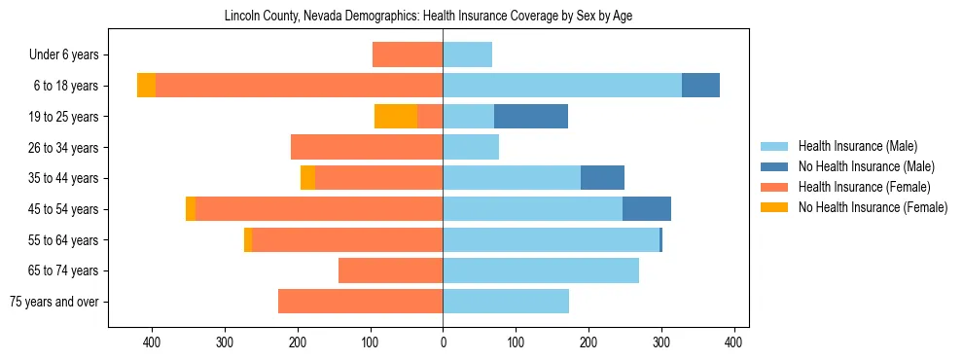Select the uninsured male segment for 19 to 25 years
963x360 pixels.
[x=531, y=117]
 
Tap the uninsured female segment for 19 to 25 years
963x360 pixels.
[x=396, y=117]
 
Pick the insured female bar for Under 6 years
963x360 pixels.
[x=408, y=55]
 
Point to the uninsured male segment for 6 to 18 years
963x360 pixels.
[x=700, y=86]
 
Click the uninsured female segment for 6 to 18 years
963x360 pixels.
[x=146, y=86]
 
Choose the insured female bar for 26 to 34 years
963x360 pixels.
[x=367, y=148]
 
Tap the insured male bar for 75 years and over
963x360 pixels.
[x=506, y=302]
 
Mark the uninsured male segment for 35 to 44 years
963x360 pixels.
[x=602, y=178]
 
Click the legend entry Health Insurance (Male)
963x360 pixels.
[x=857, y=147]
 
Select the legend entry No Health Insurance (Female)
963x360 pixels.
[x=873, y=207]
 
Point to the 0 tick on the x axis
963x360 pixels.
[x=443, y=342]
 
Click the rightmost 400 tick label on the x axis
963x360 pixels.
[x=734, y=342]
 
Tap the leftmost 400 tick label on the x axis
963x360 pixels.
[x=152, y=342]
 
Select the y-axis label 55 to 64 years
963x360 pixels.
[x=63, y=240]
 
